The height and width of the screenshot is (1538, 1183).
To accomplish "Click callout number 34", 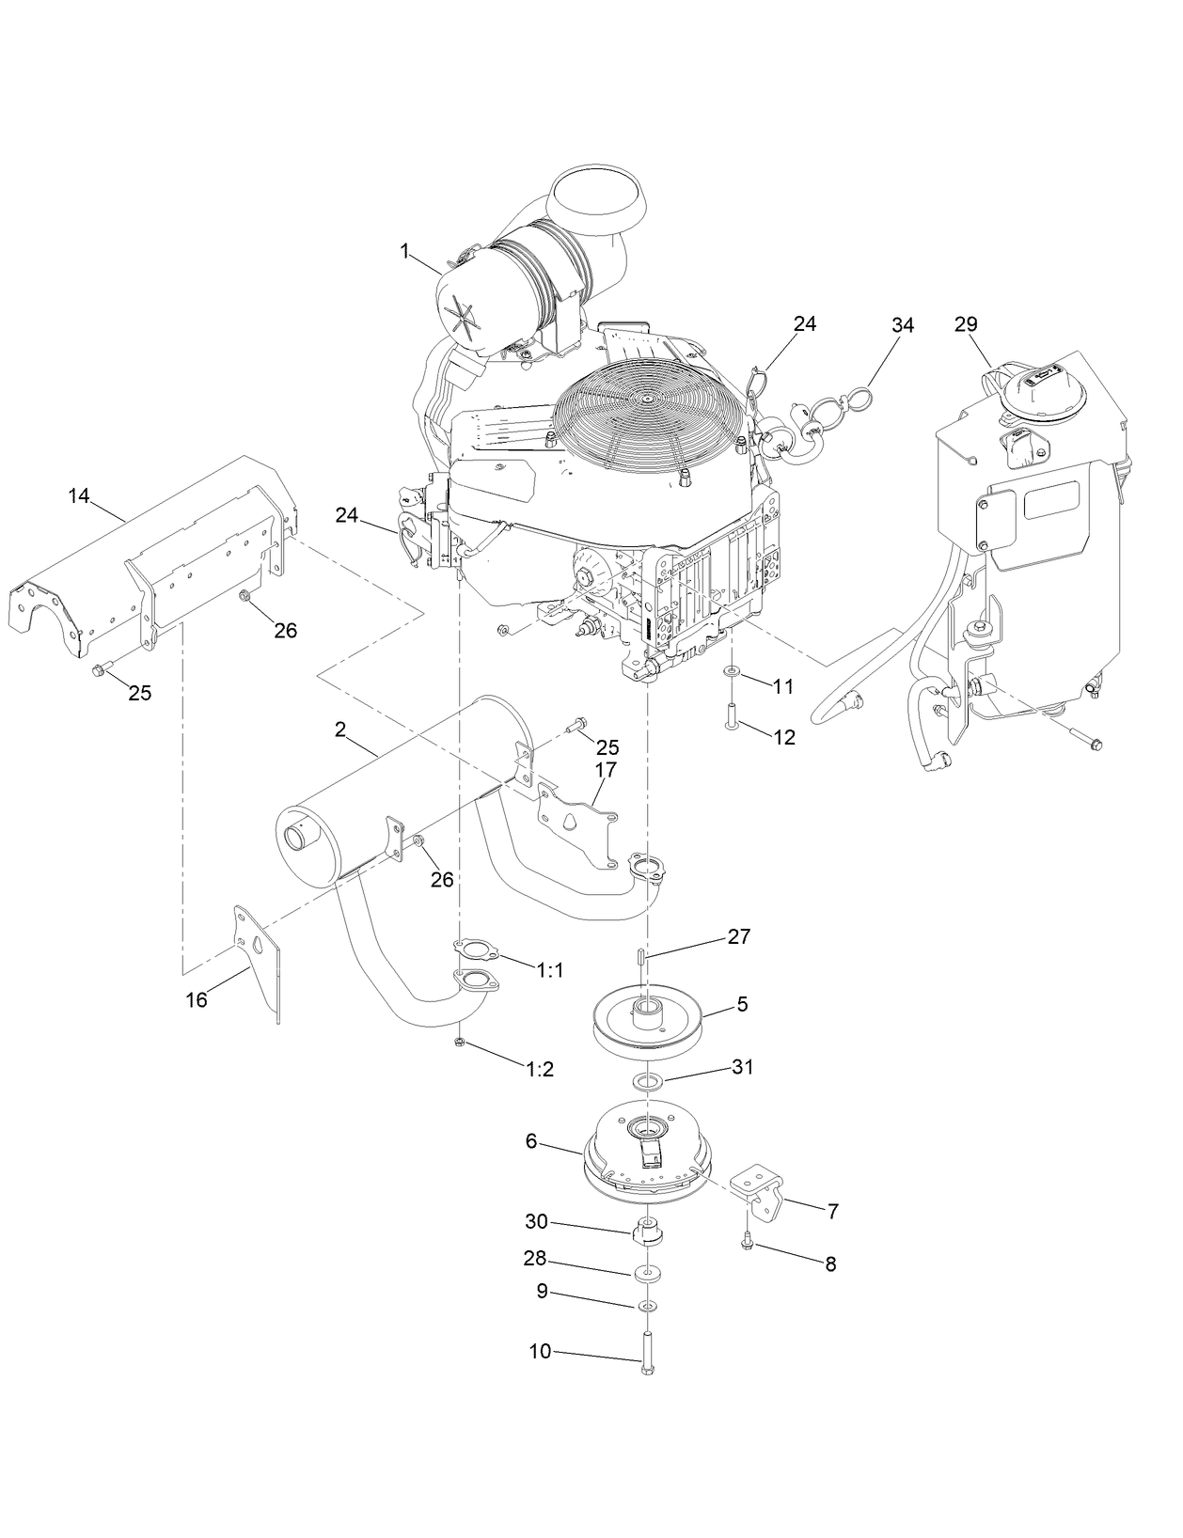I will [902, 325].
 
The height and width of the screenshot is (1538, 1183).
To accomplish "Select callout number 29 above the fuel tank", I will [966, 324].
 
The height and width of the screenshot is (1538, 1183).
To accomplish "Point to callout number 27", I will [739, 936].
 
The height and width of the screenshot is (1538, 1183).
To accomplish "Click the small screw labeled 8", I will [747, 1243].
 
